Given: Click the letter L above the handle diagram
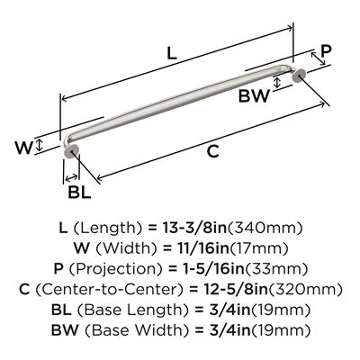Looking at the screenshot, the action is point(172,53).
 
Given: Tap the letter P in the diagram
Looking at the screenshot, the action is point(326,51).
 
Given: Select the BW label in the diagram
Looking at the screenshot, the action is point(254,96).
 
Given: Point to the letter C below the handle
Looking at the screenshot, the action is point(213,151).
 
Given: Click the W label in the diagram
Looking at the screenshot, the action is point(23,148).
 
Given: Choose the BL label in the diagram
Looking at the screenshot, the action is point(79,192).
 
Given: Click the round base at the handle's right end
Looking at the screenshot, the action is point(299,76).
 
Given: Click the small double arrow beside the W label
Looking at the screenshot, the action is point(39,145).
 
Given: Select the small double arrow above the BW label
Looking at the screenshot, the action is point(277,82).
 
